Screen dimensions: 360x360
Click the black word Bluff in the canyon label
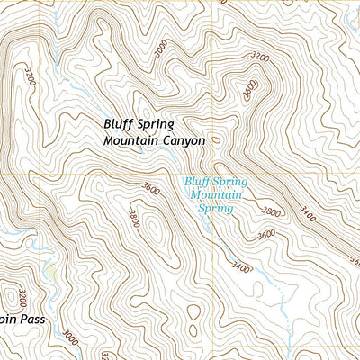pyautogui.click(x=119, y=124)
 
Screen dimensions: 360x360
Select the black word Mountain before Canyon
pyautogui.click(x=132, y=141)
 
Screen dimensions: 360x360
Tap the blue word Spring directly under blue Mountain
pyautogui.click(x=216, y=208)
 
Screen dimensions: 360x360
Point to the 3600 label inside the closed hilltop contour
pyautogui.click(x=249, y=90)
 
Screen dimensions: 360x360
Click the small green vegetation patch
pyautogui.click(x=51, y=270)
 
